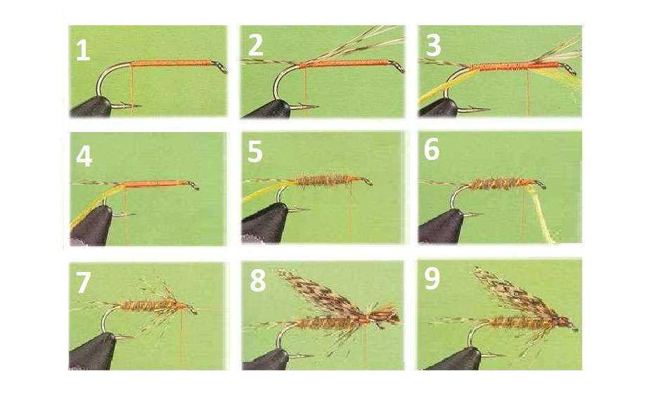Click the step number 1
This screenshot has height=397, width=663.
pos(83,51)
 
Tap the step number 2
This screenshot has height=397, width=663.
pos(255,45)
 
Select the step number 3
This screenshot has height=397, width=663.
pos(433,45)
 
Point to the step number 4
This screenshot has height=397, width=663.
pos(84,157)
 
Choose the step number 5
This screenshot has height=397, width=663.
pos(255,152)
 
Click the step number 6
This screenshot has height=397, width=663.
pos(432,150)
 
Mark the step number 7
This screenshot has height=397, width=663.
pos(83,282)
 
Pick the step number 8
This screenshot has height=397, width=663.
pos(257,281)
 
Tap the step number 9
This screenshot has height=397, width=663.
pos(432,279)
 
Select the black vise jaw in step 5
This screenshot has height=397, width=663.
pos(265,223)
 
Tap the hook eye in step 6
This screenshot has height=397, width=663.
pos(540,184)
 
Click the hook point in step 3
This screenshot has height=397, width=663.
pos(487,110)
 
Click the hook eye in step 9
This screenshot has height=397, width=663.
pos(572,327)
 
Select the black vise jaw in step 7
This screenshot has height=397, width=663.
pos(92,351)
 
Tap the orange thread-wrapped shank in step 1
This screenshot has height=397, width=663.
pos(171,64)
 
